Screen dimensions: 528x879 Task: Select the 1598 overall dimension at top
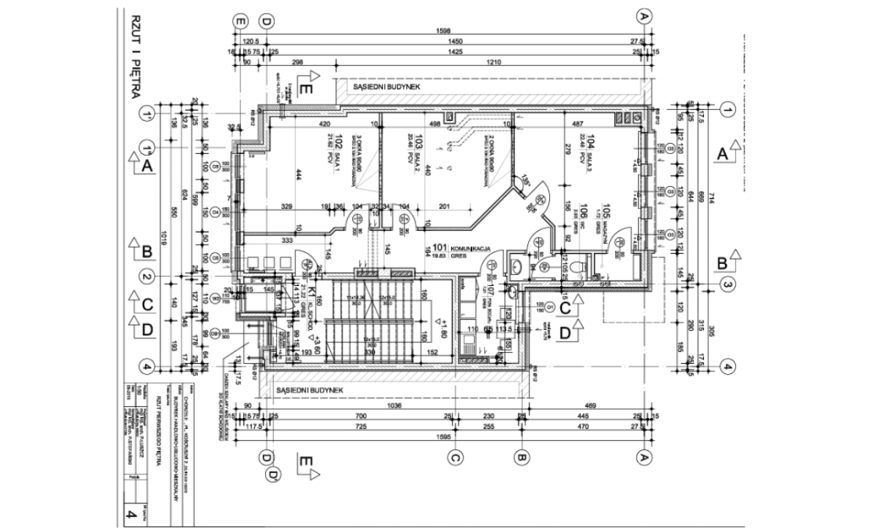(443, 31)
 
